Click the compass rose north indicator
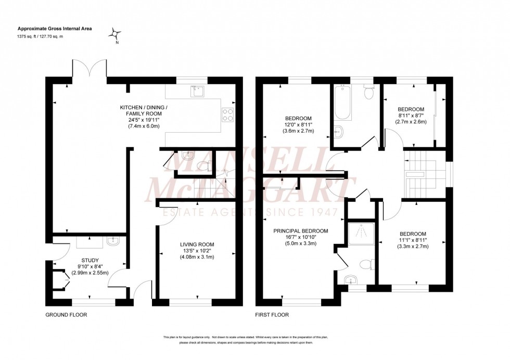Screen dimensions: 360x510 [x=114, y=35]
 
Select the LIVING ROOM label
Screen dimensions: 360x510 [x=197, y=245]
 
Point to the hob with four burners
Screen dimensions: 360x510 [x=228, y=114]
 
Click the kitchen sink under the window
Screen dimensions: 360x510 [x=198, y=92]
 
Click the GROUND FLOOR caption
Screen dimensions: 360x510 [x=66, y=315]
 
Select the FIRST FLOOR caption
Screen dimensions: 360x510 [x=272, y=315]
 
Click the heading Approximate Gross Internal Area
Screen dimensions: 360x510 [x=55, y=29]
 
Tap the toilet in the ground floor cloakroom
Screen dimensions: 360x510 [x=206, y=165]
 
